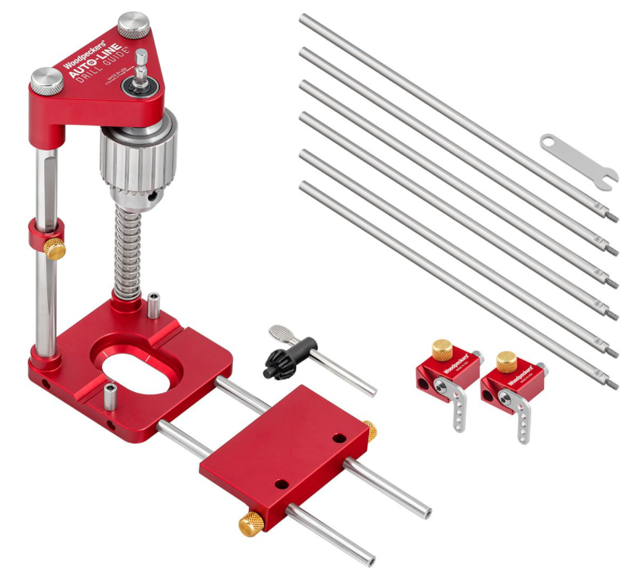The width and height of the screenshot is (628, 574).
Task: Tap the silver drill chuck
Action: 137,158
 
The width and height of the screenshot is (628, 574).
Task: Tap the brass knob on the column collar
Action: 54,249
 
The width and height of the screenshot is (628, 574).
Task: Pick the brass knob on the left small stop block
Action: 442,350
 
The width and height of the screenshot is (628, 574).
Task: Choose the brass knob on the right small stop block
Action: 506,360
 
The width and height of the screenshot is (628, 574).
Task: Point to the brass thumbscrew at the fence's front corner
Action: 250,523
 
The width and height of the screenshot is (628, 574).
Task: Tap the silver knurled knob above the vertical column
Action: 46,77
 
